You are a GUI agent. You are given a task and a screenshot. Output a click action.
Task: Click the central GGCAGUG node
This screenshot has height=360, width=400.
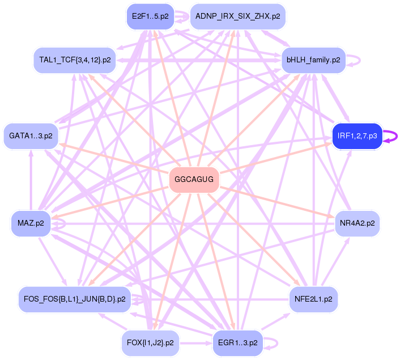194,180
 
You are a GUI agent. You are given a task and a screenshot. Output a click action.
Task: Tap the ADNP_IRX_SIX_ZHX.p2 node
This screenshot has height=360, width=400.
237,16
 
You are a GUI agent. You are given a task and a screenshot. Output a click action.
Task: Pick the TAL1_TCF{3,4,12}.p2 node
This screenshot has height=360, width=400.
75,60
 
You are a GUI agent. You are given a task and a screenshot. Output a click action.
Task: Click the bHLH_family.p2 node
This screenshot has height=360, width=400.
313,60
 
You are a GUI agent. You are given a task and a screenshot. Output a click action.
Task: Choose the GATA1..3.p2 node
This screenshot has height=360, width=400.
31,136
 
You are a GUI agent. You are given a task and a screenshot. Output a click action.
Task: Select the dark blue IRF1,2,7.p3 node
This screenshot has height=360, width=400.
357,136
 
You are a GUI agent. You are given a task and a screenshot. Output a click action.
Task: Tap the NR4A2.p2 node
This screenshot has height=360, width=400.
357,223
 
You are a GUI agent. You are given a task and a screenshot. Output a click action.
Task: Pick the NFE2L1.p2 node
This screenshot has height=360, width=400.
313,299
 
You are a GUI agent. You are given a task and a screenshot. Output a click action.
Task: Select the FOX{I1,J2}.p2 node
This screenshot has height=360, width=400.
150,343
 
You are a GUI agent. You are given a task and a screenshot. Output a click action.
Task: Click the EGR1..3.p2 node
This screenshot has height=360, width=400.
237,343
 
